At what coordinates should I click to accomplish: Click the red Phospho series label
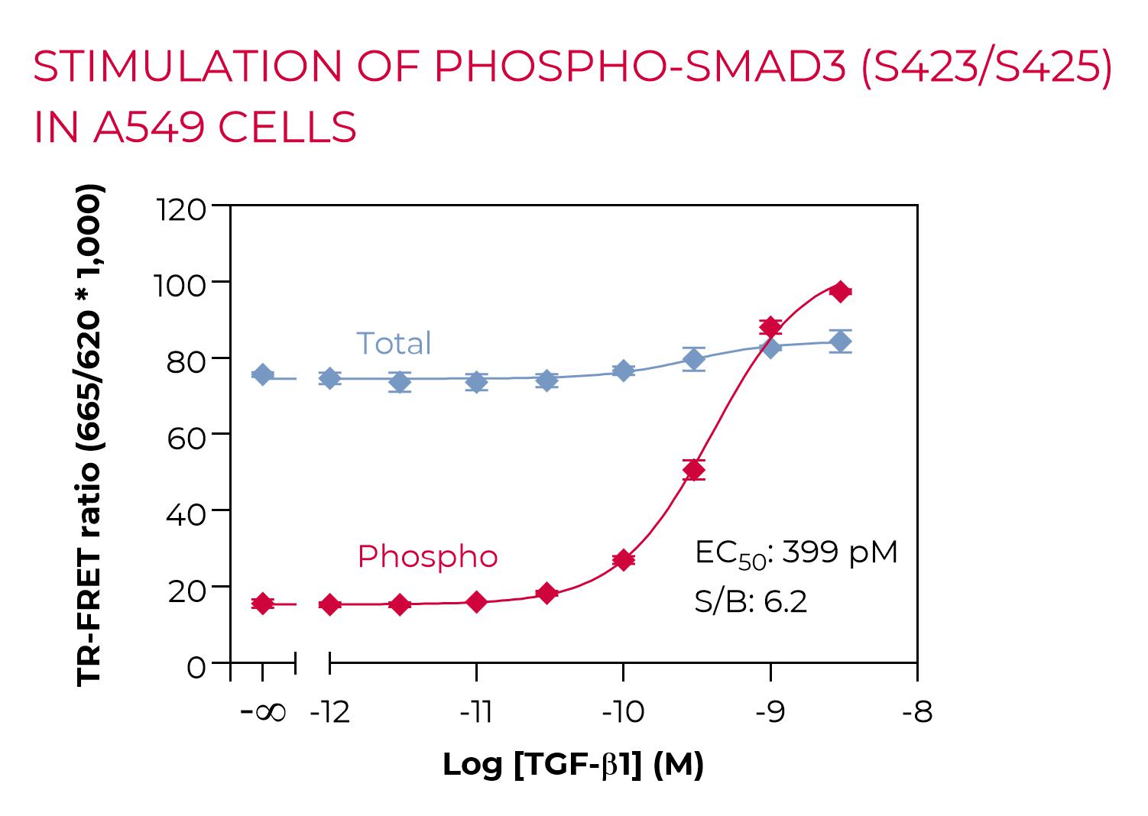(427, 556)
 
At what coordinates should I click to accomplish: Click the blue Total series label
(394, 344)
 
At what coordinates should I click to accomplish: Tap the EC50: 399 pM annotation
(796, 552)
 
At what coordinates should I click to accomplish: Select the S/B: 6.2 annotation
(751, 602)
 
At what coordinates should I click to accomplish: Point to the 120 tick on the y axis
(181, 209)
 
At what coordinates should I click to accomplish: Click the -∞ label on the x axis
(263, 712)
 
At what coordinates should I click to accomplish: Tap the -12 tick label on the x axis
(330, 712)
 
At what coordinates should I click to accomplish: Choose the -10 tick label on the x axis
(623, 712)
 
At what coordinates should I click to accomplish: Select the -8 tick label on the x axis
(917, 712)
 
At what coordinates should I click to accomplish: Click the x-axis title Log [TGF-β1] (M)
(573, 764)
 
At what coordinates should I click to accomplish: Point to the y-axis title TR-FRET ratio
(89, 436)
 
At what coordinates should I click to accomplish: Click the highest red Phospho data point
(841, 292)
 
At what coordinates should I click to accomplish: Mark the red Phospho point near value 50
(694, 470)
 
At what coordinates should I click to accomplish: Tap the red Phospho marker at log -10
(624, 560)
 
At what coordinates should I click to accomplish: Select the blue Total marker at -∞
(263, 375)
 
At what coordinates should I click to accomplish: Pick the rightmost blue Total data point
(841, 342)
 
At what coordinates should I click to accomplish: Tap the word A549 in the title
(149, 128)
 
